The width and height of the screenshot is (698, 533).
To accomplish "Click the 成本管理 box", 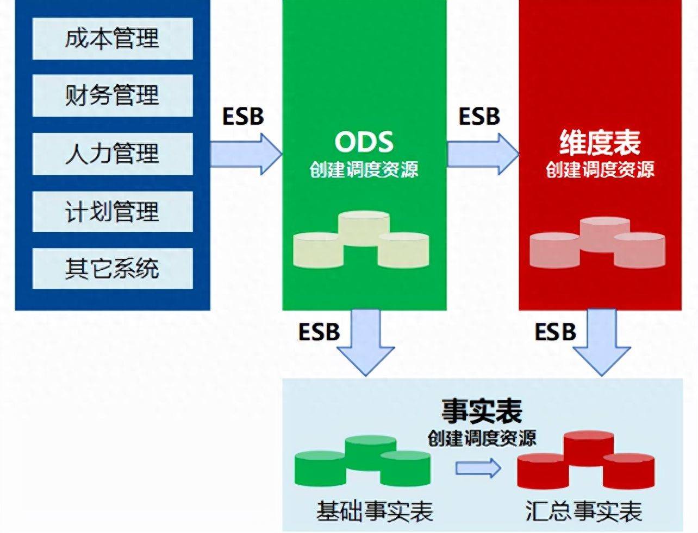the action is (x=113, y=39).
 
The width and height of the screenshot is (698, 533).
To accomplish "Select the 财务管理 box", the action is (x=113, y=96).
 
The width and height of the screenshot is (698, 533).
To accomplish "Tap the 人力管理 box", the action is (x=113, y=154).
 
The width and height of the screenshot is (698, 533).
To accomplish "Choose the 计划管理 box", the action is (x=113, y=211).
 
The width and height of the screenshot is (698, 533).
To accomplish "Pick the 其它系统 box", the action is (x=113, y=269).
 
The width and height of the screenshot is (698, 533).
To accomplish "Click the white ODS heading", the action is (x=364, y=142).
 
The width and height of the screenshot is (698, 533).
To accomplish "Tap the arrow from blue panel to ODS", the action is (x=246, y=154).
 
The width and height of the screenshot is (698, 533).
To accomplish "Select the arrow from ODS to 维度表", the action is (x=483, y=154).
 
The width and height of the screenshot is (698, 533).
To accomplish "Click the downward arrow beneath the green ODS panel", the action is (x=366, y=343).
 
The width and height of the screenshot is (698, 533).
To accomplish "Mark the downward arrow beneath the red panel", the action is (x=602, y=343).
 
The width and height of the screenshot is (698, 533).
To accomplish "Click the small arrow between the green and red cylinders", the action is (x=478, y=468).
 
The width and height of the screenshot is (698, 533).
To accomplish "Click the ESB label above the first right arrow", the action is (x=243, y=116).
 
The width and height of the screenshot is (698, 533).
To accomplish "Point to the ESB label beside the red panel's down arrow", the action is (x=555, y=332).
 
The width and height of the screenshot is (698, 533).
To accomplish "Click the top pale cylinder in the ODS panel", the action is (x=364, y=229).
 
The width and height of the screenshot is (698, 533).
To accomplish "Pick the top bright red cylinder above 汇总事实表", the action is (x=589, y=448).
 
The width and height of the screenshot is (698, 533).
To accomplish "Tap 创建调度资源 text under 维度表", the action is (x=600, y=169).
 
